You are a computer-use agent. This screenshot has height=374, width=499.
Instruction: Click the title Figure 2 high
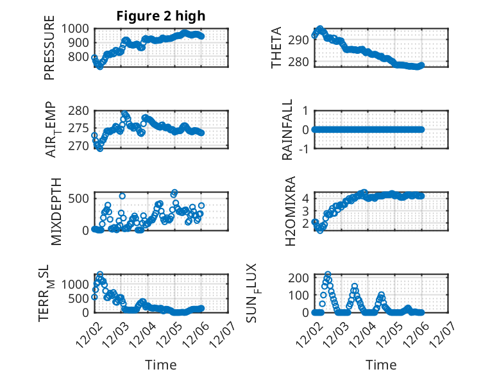pyautogui.click(x=160, y=16)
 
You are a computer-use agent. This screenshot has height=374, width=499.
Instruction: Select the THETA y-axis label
pyautogui.click(x=276, y=48)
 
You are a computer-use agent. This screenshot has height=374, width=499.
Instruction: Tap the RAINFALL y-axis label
pyautogui.click(x=288, y=130)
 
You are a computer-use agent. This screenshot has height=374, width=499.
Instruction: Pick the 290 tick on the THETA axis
pyautogui.click(x=301, y=40)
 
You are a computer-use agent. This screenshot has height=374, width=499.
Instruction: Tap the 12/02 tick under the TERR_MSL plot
pyautogui.click(x=87, y=336)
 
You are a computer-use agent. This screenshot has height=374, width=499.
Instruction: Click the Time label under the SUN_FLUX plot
pyautogui.click(x=381, y=365)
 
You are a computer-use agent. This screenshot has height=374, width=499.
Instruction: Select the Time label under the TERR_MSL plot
pyautogui.click(x=161, y=365)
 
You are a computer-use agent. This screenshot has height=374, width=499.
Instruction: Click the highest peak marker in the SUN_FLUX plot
pyautogui.click(x=328, y=275)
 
